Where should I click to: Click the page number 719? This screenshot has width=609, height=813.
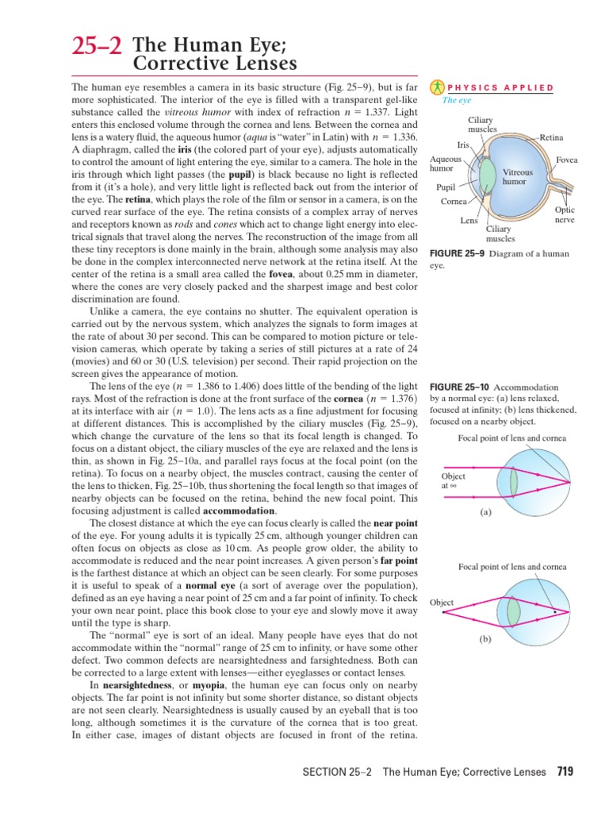pos(565,771)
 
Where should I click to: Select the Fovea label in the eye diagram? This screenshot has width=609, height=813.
pos(566,160)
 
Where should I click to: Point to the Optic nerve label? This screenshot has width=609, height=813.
pos(565,214)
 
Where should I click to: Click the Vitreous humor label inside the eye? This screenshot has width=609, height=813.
pos(517,176)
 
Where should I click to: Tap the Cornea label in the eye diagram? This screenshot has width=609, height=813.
pos(454,202)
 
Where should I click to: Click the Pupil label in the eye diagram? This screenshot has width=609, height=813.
pos(446,187)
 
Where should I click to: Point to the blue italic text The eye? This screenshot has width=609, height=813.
pos(456,101)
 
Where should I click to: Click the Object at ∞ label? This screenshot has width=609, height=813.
pos(454,481)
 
